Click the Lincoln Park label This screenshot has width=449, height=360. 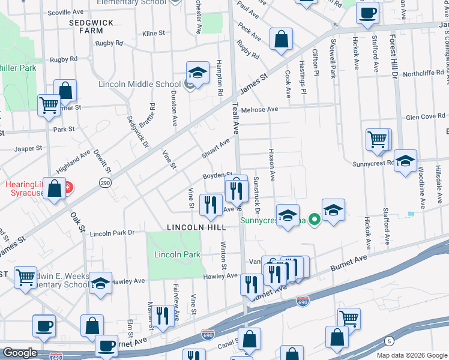tap(177, 254)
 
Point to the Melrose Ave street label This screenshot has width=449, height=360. tap(260, 109)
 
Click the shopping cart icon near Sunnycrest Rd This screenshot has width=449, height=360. tap(377, 140)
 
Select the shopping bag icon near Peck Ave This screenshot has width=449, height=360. tap(280, 40)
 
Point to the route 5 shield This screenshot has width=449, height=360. tap(390, 341)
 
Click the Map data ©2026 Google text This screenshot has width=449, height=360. tap(411, 355)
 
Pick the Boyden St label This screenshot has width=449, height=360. tap(217, 176)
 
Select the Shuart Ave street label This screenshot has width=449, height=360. tap(215, 149)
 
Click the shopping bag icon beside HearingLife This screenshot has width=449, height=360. tap(55, 188)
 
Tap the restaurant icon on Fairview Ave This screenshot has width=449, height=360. tap(162, 316)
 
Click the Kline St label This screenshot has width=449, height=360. tap(154, 34)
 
